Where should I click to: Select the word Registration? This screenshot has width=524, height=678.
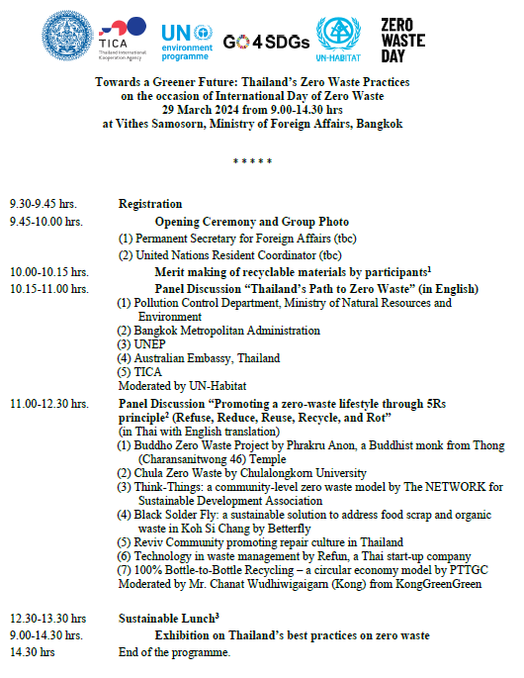150,204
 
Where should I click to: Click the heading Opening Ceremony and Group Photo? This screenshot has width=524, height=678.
251,222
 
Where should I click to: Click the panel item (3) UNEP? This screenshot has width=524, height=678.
141,344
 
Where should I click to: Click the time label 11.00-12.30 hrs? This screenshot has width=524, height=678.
48,405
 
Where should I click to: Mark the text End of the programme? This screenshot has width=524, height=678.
174,654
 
